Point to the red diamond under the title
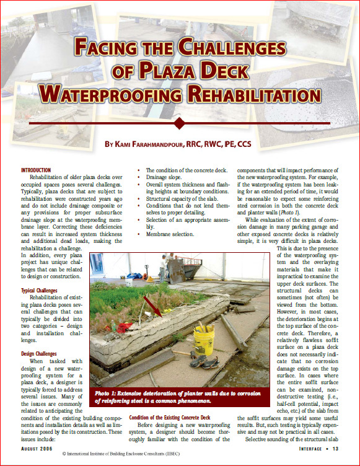pyautogui.click(x=180, y=123)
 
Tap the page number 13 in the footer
pyautogui.click(x=334, y=448)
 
